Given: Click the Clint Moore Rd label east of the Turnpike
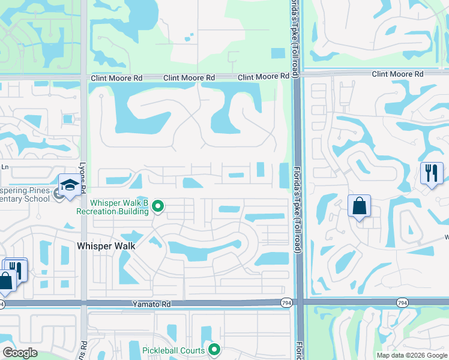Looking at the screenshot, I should pyautogui.click(x=397, y=74).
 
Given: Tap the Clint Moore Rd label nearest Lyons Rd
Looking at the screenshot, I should pyautogui.click(x=116, y=78).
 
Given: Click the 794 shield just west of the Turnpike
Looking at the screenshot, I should pyautogui.click(x=286, y=304).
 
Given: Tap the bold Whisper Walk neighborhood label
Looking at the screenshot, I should pyautogui.click(x=106, y=246).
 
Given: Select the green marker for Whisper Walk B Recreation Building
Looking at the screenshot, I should pyautogui.click(x=158, y=207).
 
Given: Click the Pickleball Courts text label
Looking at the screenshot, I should pyautogui.click(x=174, y=350).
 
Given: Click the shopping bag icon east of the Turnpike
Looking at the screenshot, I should pyautogui.click(x=359, y=206).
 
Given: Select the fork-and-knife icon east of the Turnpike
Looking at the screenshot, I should pyautogui.click(x=432, y=173).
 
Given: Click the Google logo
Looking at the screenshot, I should pyautogui.click(x=20, y=353).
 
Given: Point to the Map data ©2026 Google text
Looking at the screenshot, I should pyautogui.click(x=411, y=355).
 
